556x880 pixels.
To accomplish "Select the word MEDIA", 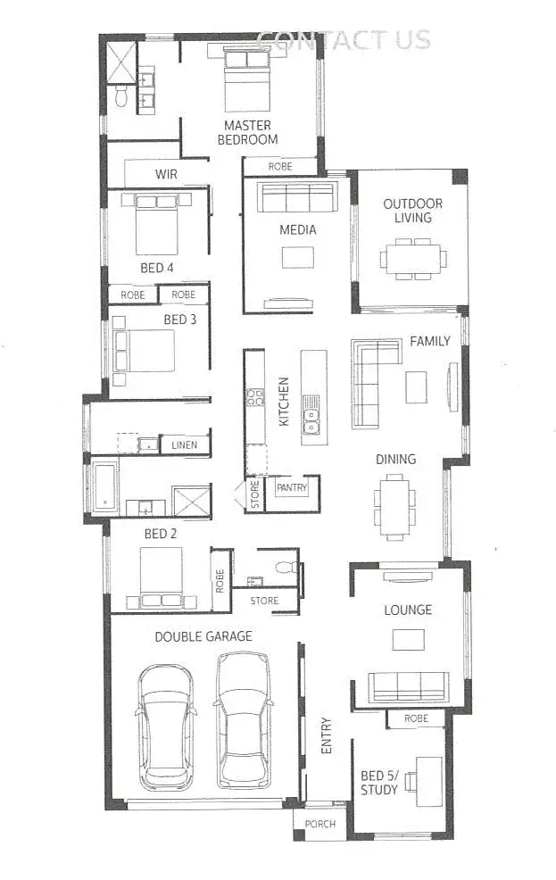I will pos(297,229).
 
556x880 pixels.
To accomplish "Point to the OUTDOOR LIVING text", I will pos(412,211).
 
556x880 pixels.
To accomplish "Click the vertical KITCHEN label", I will pos(284,401).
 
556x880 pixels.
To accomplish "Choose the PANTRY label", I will pos(292,488).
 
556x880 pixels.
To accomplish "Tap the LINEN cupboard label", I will pos(185,444).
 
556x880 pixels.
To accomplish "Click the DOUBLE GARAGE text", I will pos(203,636).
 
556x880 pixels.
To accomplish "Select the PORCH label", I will pos(319,824).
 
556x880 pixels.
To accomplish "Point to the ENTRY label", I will pos(326,736).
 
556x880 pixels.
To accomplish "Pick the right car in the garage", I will pos(243,718).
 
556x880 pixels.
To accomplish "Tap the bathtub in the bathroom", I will pos(104,487).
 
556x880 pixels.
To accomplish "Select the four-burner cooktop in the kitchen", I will pos(255,397).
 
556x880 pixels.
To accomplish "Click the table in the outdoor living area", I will pos(412,259).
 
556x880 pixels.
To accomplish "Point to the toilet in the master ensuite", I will pos(121,95).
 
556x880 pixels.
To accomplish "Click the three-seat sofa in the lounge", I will pos(409,685).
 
